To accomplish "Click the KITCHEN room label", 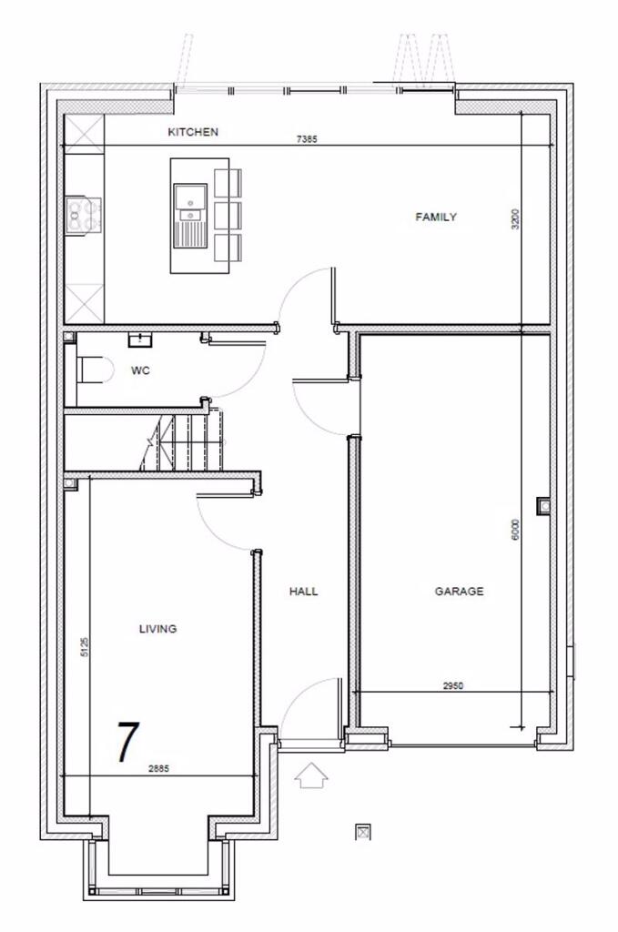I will [193, 132].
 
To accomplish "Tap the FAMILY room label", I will [436, 217].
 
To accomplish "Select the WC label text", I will [140, 370].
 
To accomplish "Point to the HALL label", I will [304, 592].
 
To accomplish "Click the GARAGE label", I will [459, 592].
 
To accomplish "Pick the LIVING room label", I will [157, 629].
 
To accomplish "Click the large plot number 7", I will [128, 742].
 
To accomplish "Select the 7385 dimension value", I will [307, 140].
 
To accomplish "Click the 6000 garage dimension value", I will [515, 529].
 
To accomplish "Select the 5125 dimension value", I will [84, 647].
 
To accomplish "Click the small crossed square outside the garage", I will [364, 831].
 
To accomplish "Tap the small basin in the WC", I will [141, 340].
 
